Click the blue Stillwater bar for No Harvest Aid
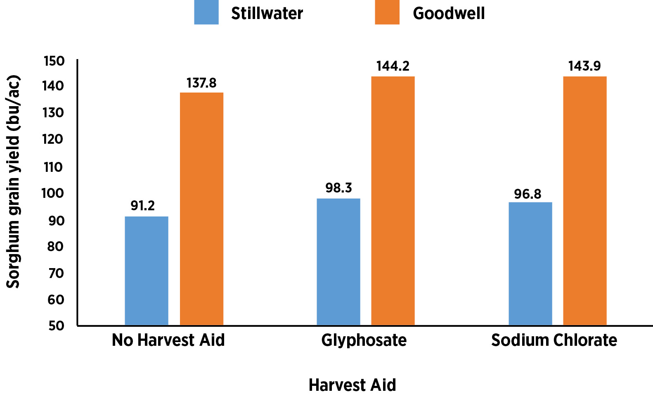coord(146,271)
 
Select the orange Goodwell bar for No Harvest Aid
coord(201,209)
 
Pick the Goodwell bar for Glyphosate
coord(393,201)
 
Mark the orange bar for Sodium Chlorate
coord(584,201)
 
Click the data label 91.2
coord(142,206)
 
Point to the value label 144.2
coord(393,66)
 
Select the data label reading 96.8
coord(527,194)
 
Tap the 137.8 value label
coord(201,83)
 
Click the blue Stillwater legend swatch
coord(206,12)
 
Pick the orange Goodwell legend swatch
coord(387,12)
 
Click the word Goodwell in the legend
coord(449,14)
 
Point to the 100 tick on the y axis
coord(53,193)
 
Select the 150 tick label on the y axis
coord(54,61)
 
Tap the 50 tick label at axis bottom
coord(56,326)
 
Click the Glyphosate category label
coord(364,340)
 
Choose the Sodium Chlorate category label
coord(554,340)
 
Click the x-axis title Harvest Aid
coord(352,385)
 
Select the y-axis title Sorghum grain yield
coord(13,182)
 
